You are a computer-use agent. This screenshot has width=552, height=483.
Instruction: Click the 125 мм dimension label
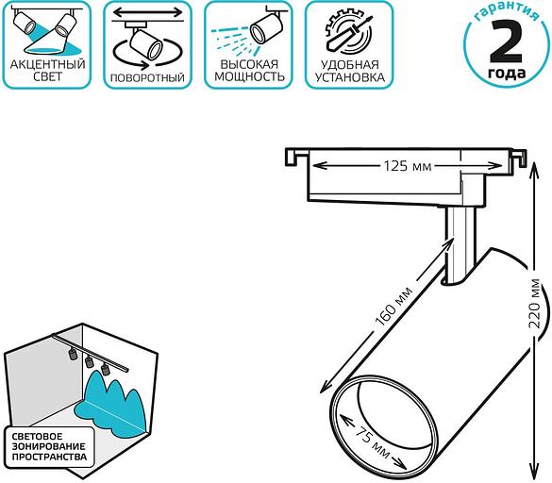(408, 166)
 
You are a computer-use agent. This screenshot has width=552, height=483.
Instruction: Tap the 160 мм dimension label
(394, 307)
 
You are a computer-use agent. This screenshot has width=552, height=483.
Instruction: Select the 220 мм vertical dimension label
(534, 304)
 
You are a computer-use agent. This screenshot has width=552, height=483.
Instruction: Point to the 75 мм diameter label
(372, 442)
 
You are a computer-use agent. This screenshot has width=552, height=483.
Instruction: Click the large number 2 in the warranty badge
(506, 41)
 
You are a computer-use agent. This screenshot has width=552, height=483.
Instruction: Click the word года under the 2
(507, 74)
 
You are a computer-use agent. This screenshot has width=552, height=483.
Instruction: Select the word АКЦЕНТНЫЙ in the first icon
(47, 64)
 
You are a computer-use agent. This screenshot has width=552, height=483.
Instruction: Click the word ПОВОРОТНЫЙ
(147, 77)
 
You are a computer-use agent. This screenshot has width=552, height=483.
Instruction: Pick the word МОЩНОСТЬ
(249, 76)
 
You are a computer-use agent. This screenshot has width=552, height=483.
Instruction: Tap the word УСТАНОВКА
(349, 77)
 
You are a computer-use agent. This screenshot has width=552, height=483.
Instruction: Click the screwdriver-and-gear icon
(348, 32)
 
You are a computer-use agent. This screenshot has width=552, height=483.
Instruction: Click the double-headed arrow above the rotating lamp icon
(148, 12)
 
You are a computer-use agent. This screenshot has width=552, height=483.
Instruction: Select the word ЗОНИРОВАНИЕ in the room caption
(48, 447)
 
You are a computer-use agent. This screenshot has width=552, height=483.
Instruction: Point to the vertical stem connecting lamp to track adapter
(459, 245)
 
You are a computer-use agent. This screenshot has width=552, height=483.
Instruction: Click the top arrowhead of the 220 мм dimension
(534, 171)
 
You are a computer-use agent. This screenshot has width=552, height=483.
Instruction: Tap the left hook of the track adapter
(292, 157)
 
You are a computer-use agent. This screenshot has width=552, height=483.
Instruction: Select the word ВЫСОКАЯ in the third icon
(249, 64)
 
